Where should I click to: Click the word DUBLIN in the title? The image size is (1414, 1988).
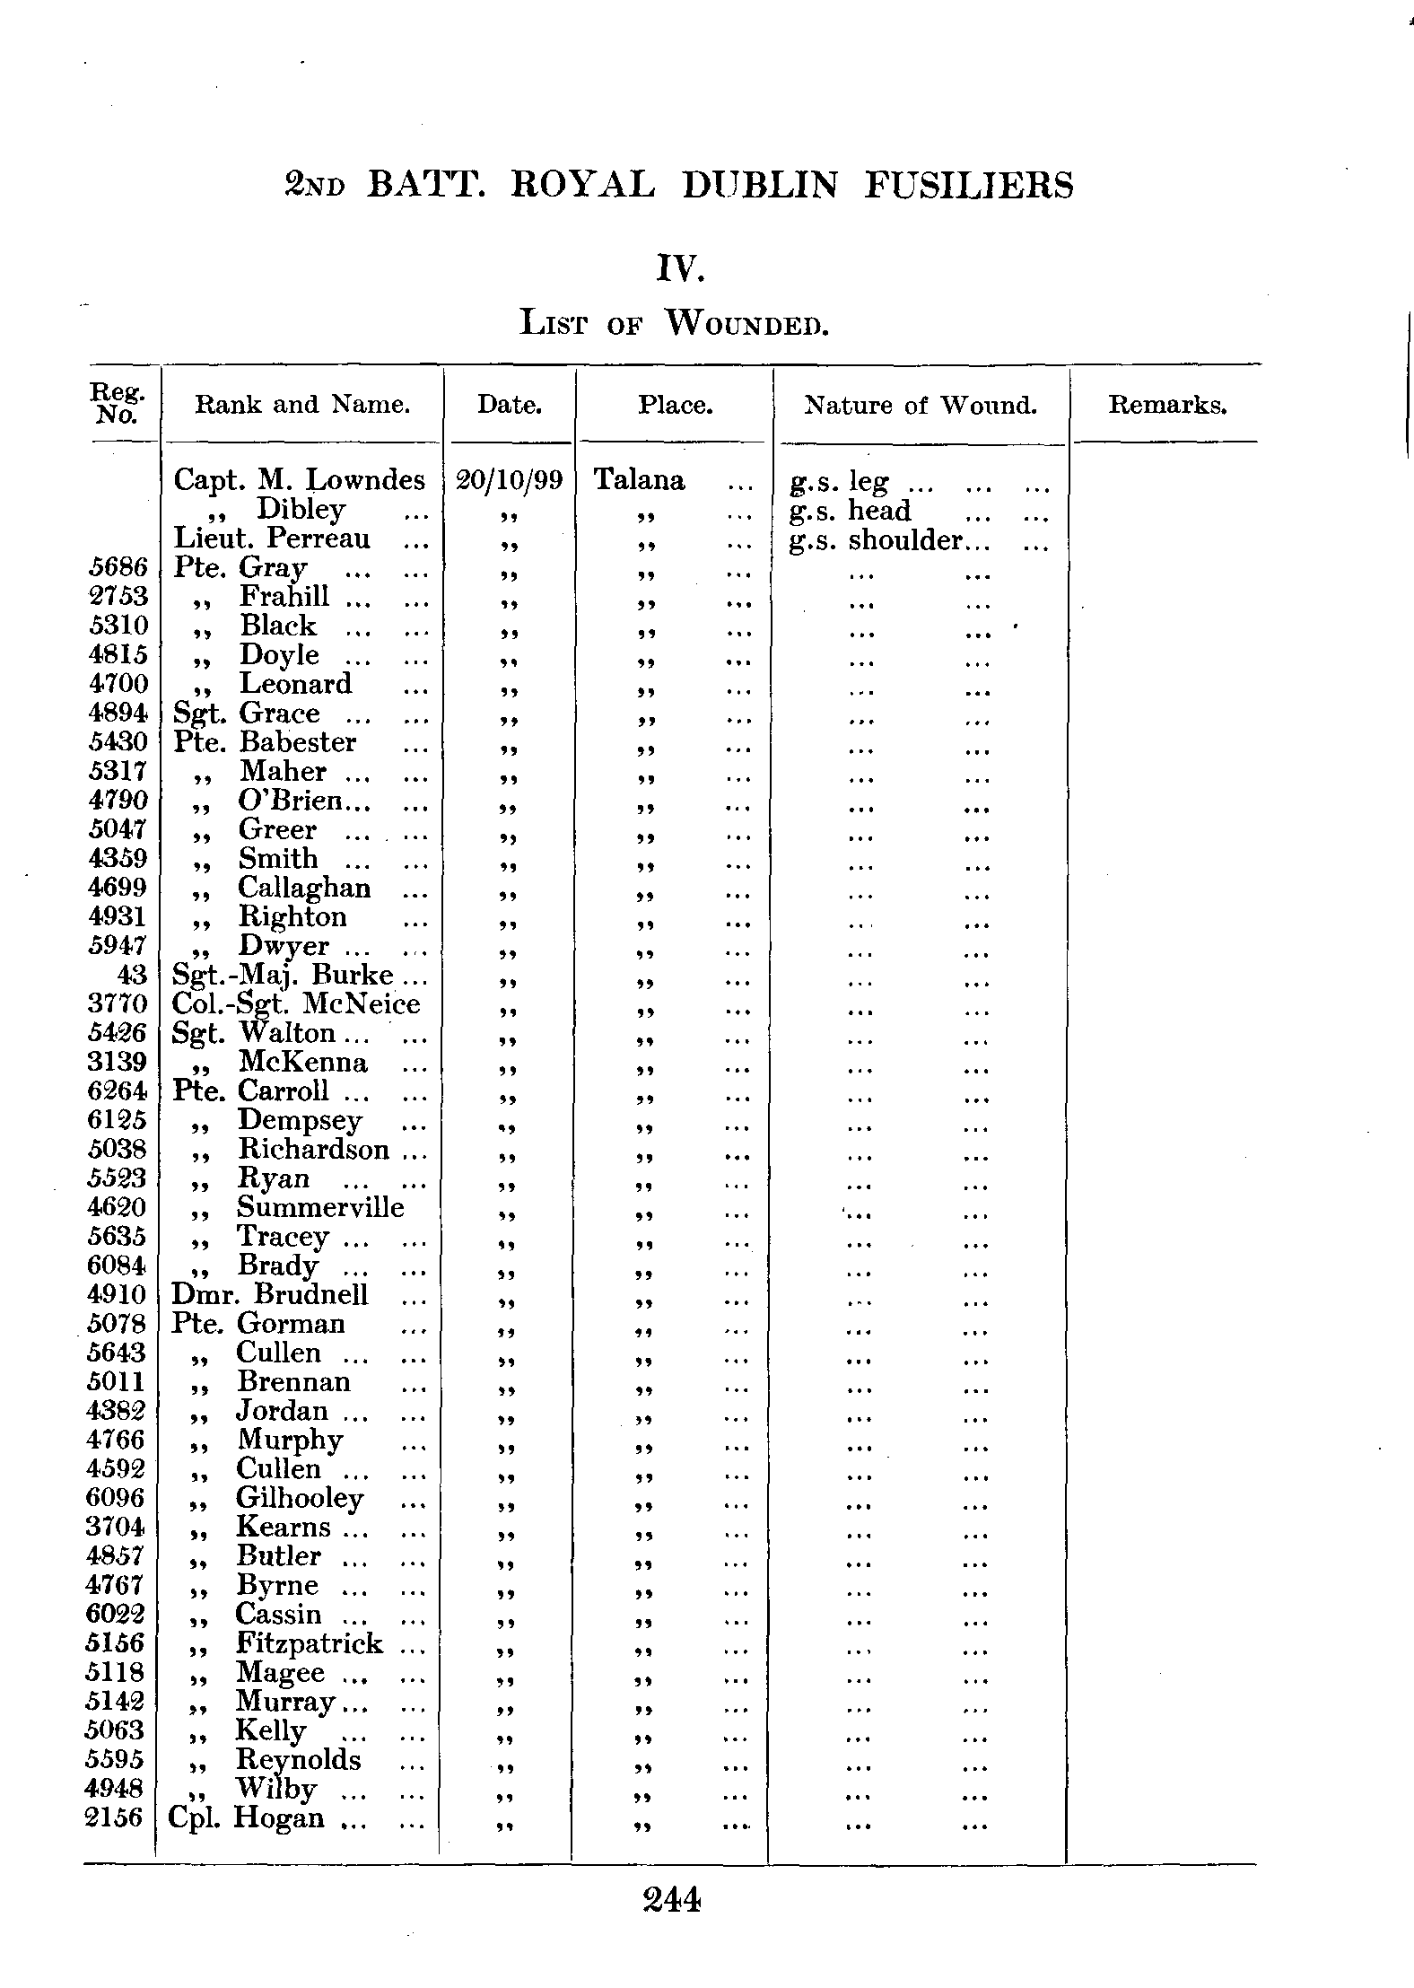click(760, 186)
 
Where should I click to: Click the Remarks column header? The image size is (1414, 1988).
click(1166, 405)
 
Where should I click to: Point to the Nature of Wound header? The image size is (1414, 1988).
click(921, 406)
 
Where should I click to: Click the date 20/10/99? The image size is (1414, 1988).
click(510, 480)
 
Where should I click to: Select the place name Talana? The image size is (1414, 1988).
click(640, 480)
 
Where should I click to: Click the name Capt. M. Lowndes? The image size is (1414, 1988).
click(299, 480)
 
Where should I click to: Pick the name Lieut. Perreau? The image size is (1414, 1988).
click(272, 539)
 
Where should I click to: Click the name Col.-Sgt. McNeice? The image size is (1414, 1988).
click(296, 1003)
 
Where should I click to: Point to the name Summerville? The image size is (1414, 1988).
click(320, 1207)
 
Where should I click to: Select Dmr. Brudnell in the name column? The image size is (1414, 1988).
click(270, 1294)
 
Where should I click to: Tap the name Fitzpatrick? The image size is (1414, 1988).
click(310, 1643)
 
